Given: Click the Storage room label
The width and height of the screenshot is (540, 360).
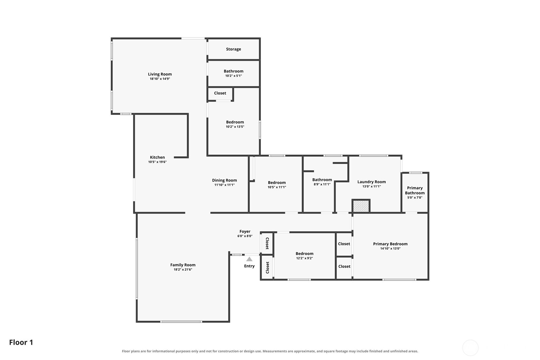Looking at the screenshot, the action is pos(233,49).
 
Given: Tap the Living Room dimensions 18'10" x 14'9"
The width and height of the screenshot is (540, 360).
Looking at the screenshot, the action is pos(160,79).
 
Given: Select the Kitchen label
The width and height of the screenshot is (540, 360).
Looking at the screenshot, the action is pos(157,157).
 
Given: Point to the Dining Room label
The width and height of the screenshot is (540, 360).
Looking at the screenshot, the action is pos(224,180).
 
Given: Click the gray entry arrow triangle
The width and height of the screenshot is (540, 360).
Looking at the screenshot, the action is pos(249,259).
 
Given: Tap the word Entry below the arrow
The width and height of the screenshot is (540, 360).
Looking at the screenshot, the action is pos(249,266).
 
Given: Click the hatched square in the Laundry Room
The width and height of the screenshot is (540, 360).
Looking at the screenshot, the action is pos(361,206).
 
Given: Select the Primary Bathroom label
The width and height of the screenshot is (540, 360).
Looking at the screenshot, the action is pos(415,190).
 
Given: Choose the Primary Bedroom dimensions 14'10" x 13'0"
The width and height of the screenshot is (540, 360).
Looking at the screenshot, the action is pos(390,249).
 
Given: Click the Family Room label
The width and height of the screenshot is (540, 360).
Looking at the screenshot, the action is pos(183,265).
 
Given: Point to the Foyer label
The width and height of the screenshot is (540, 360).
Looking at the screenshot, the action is pos(245,231).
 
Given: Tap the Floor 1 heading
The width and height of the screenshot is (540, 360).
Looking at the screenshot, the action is pos(21,342).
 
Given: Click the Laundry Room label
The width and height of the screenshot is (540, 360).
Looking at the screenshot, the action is pos(371,182).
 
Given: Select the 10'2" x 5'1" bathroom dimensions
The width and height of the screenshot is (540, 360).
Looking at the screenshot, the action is pos(233,76).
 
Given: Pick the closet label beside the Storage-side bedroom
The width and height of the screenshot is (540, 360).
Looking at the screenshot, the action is pos(220,93).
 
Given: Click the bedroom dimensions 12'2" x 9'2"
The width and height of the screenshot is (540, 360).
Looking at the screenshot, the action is pos(305,258).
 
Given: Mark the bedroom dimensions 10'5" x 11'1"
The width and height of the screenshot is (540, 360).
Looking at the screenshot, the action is pos(277,187).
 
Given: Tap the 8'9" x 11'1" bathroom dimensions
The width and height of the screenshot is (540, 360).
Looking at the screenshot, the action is pos(322,185).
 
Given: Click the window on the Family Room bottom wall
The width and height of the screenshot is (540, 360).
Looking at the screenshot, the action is pos(181,322).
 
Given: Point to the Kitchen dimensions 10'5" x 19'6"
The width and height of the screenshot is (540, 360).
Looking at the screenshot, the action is pos(157,162).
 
